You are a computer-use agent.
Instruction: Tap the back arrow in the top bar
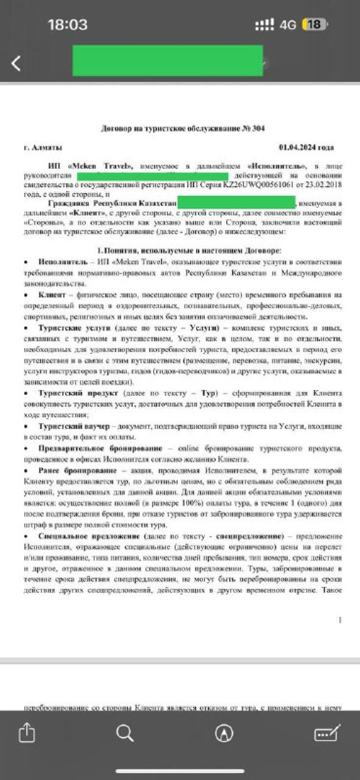point(16,63)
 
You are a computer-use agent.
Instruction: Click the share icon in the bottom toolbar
point(27,733)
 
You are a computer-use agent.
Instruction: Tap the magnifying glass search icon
point(125,733)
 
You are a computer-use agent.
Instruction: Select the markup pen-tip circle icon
point(224,733)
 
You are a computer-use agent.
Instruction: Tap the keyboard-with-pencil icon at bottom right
point(327,733)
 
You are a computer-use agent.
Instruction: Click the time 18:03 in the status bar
point(68,24)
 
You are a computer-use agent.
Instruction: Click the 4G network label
point(288,25)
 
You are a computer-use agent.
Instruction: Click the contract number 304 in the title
point(258,128)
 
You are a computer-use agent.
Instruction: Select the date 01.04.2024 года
point(306,147)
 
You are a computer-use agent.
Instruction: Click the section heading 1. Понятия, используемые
point(189,250)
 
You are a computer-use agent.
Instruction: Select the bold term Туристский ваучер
point(74,426)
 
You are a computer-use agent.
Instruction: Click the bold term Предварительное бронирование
point(100,448)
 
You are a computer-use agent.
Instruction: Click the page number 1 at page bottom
point(340,620)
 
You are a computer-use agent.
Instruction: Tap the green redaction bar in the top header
point(167,61)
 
